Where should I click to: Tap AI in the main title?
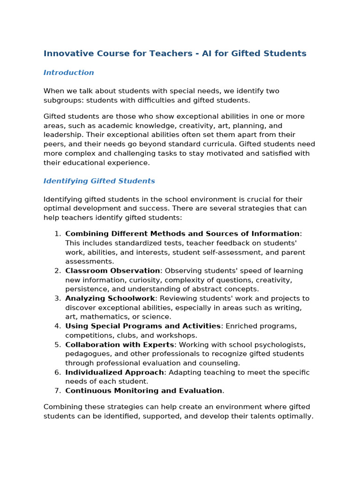tap(207, 53)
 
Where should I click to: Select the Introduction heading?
tap(68, 73)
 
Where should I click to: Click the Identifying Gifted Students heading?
tap(99, 181)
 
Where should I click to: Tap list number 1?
tap(57, 234)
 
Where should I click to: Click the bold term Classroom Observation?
tap(112, 271)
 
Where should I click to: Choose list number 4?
tap(57, 326)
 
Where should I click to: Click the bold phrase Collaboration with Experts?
tap(120, 345)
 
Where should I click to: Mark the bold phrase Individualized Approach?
tap(114, 373)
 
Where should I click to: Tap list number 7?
tap(57, 391)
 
